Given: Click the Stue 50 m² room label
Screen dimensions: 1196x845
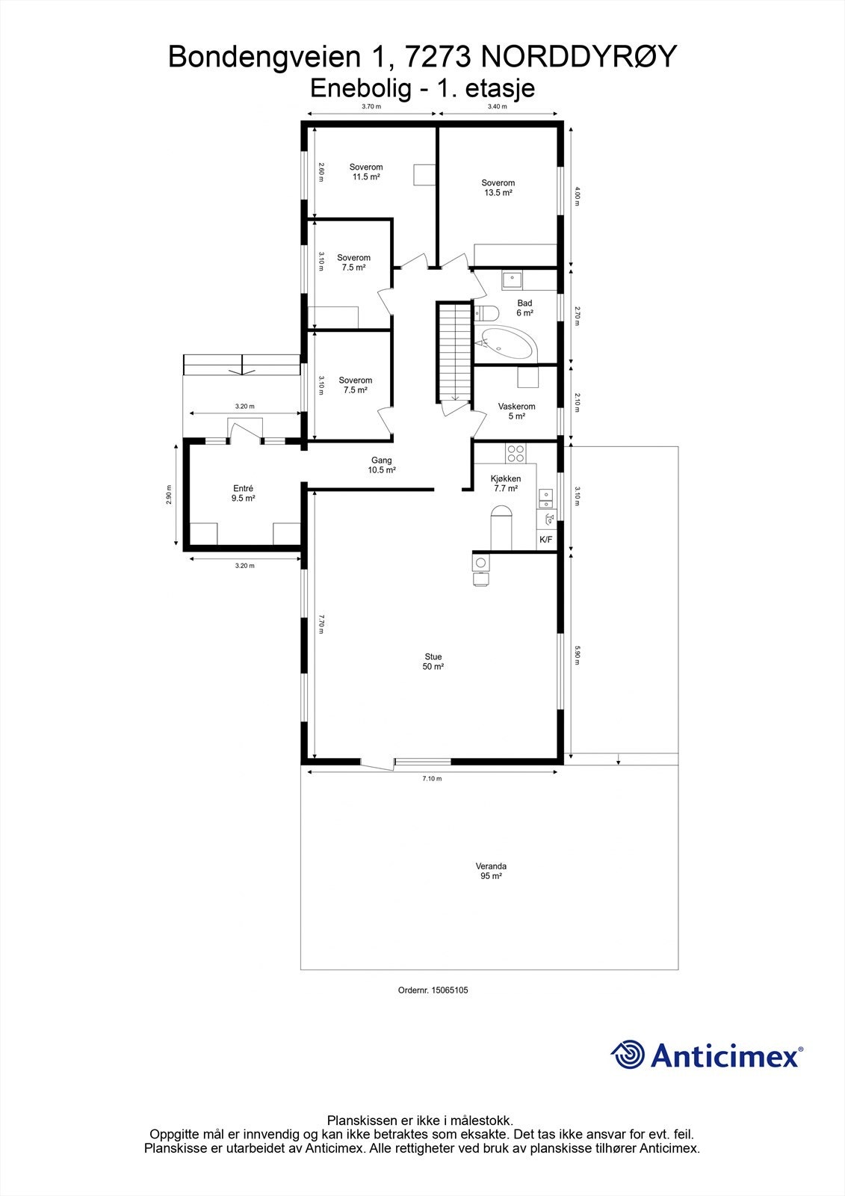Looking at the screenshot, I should click(x=433, y=662).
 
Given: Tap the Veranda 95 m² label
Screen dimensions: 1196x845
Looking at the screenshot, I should click(x=491, y=871).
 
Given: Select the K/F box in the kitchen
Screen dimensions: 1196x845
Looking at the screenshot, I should click(x=545, y=540).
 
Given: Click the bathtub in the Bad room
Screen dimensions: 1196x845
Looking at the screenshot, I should click(x=506, y=345).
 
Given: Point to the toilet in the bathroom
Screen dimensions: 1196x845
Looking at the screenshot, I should click(x=485, y=312).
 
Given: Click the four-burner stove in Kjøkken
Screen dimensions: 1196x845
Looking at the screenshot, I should click(x=516, y=452).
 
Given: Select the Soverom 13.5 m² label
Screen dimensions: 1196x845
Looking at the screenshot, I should click(x=498, y=188).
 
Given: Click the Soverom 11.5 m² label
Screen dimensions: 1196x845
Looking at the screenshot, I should click(x=366, y=172).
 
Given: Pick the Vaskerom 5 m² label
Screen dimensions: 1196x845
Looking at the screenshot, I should click(x=516, y=411).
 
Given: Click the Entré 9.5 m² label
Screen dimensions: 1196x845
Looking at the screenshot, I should click(x=243, y=493).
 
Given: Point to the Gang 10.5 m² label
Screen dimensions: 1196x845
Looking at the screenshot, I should click(x=381, y=465).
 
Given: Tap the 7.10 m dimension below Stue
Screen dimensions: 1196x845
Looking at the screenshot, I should click(x=432, y=779).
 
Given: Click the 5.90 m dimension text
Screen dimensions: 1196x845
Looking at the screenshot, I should click(x=577, y=656).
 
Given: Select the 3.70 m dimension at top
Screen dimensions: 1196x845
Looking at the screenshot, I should click(x=371, y=107).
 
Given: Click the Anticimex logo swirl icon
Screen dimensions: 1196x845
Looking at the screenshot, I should click(x=628, y=1055).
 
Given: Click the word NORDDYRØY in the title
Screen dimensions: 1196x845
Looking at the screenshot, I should click(x=578, y=56).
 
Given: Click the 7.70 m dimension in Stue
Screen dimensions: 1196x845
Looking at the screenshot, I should click(x=321, y=624).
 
